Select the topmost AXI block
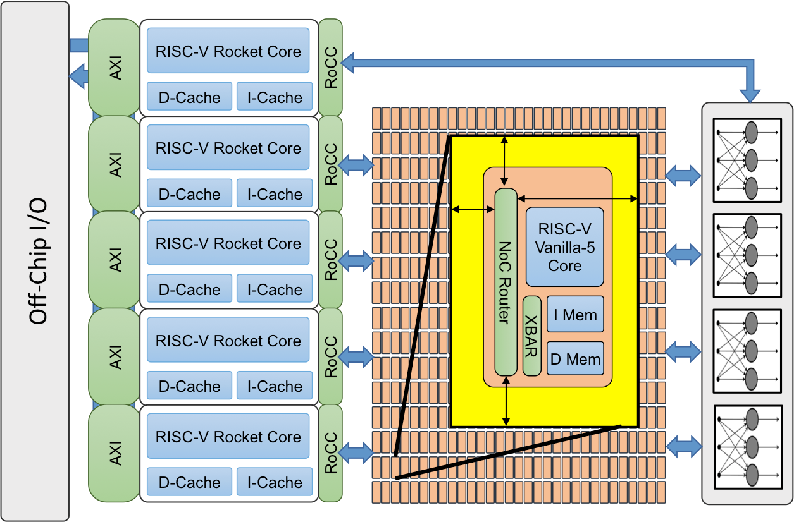115,68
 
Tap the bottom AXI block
115,453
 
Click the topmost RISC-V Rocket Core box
228,51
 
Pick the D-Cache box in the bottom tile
190,483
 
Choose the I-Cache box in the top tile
275,98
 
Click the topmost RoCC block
330,67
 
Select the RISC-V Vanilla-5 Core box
564,247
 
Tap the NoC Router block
505,282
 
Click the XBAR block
531,336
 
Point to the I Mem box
575,315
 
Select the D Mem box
575,359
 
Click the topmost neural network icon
747,161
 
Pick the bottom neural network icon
747,447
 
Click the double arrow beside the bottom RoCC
357,452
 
